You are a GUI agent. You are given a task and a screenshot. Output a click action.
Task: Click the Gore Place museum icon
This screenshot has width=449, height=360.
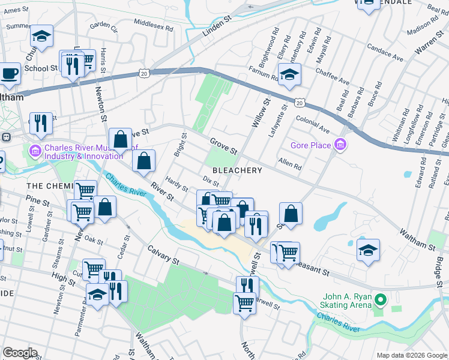pos(341,145)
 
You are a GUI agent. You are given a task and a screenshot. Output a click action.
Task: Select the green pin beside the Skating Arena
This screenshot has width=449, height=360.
pos(380,299)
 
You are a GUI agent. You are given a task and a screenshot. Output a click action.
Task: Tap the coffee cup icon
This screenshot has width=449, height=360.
pos(9,74)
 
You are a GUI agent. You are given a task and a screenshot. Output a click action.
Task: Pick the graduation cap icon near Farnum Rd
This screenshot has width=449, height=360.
pos(290,76)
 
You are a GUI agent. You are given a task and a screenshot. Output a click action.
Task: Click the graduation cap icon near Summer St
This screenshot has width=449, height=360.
pos(42,37)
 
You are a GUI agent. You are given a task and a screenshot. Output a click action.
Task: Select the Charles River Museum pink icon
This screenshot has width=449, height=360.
pos(35,149)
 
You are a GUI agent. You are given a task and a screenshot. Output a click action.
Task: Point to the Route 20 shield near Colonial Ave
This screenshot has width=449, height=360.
pos(298,101)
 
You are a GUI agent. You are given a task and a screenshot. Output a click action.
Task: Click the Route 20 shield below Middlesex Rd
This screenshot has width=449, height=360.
pos(143,73)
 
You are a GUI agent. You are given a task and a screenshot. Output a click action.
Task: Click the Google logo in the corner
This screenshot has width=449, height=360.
pos(20,353)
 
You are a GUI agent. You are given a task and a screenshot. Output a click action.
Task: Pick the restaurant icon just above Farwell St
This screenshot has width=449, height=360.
pos(247,286)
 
